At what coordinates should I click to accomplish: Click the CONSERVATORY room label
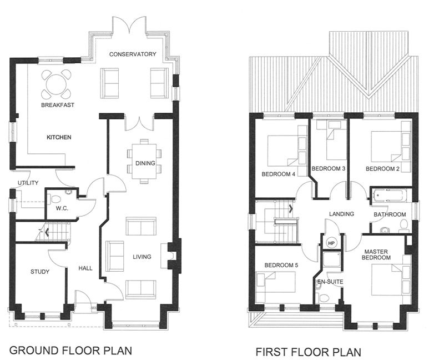point(133,54)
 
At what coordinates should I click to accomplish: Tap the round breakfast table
point(57,84)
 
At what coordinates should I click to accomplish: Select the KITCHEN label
point(59,137)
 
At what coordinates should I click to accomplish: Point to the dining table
point(144,162)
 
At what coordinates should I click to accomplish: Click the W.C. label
point(62,209)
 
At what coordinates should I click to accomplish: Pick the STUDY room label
point(40,272)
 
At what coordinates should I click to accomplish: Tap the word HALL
point(85,268)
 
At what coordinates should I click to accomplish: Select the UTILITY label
point(28,183)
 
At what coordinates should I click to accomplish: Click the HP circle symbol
point(331,243)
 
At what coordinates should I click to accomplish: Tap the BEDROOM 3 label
point(329,169)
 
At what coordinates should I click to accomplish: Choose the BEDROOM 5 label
point(281,266)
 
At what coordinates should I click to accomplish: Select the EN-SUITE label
point(330,282)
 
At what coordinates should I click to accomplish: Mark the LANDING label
point(341,214)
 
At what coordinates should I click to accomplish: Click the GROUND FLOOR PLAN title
point(71,351)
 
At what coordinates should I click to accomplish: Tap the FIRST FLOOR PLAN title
point(309,352)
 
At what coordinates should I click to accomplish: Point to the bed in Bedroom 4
point(283,151)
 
